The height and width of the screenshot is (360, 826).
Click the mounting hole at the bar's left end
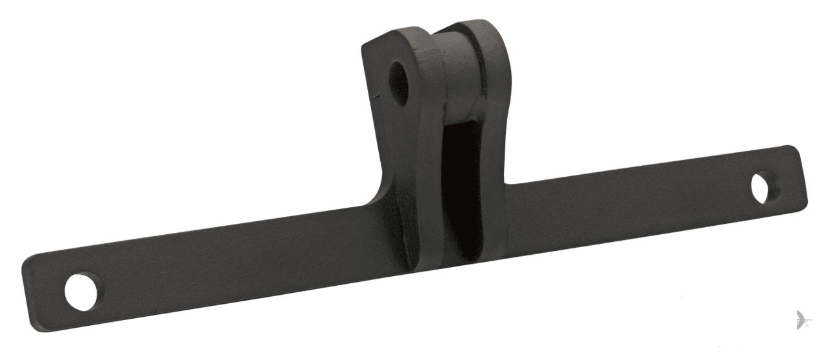click(x=83, y=292)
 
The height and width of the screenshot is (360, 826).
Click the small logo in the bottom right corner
click(x=801, y=319)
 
